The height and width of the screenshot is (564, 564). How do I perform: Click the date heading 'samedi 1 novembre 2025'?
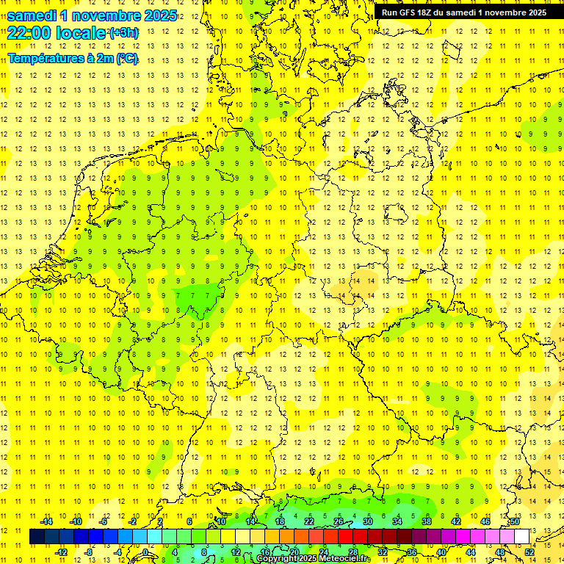[92, 15]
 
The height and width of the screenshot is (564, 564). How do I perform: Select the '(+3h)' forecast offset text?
[123, 33]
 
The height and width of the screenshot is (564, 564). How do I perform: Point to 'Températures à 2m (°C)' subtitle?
[73, 59]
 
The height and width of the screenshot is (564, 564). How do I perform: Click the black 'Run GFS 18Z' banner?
[463, 12]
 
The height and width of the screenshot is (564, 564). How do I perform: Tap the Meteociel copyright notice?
[314, 559]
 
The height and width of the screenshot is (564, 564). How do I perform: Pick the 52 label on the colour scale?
[529, 552]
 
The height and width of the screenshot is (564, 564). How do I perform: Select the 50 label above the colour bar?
[515, 521]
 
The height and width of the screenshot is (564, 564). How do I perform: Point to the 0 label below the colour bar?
[145, 552]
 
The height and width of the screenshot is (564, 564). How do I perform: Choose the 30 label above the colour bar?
[368, 521]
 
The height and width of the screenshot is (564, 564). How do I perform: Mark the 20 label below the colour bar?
[294, 552]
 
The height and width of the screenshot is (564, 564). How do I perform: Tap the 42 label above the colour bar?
[456, 521]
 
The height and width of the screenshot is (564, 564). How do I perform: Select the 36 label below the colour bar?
[412, 552]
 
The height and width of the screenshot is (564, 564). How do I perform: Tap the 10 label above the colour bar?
[221, 521]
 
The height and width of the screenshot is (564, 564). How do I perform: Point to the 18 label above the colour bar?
[280, 521]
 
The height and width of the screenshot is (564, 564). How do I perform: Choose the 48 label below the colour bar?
[500, 552]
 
